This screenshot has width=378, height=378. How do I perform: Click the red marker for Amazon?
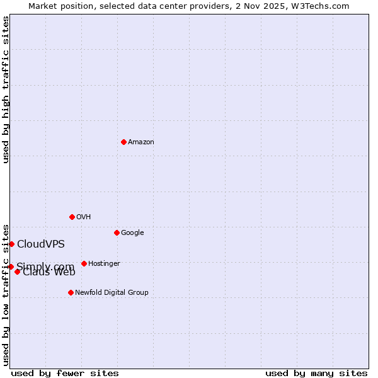click(123, 142)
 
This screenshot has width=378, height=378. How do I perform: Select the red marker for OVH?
click(72, 217)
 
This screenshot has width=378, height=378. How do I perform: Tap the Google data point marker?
click(117, 232)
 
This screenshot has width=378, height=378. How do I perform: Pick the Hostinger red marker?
click(84, 263)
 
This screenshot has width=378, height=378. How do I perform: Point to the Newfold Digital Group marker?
click(71, 292)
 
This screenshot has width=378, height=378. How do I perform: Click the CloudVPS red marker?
click(11, 244)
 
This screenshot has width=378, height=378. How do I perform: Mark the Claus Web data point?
click(17, 272)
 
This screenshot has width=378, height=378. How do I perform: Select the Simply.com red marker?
click(11, 266)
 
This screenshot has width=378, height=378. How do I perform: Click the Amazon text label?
click(141, 142)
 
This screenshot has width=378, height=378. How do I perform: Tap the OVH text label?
click(84, 217)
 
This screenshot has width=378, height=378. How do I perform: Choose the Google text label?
click(132, 233)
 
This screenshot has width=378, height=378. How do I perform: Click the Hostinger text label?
click(104, 264)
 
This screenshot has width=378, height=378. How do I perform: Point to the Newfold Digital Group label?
click(112, 293)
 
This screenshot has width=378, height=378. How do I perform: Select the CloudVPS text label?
click(41, 244)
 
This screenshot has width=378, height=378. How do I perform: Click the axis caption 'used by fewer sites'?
click(65, 373)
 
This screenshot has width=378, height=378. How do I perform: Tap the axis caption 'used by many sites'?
click(316, 373)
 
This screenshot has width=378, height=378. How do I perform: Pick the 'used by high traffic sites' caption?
click(6, 89)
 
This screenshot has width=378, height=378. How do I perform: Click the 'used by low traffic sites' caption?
click(6, 294)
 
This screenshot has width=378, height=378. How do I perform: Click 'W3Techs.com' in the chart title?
click(324, 6)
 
